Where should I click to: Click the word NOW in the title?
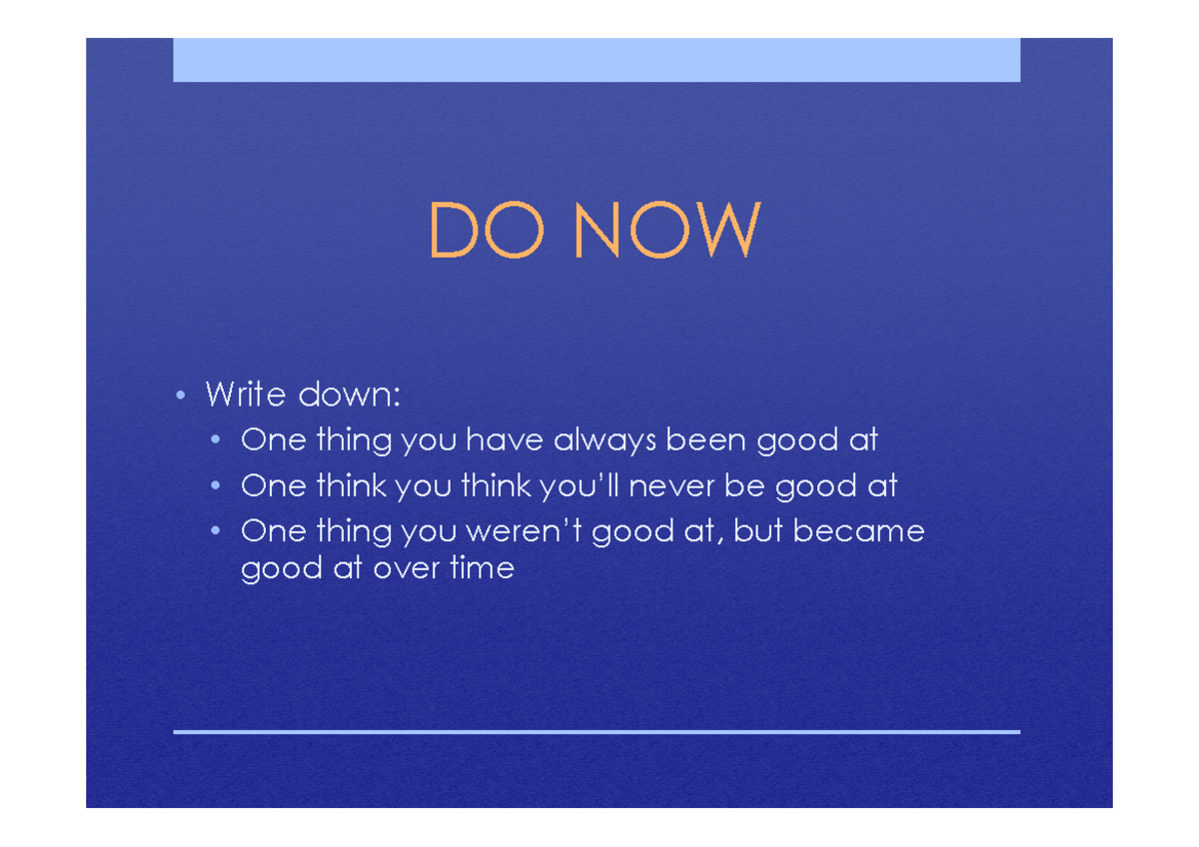[666, 231]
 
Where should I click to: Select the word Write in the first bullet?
[245, 395]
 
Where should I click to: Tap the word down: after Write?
[349, 395]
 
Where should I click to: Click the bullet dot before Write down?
[180, 396]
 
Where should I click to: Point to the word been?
[706, 440]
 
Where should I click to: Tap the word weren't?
[522, 531]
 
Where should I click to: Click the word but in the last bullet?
[756, 531]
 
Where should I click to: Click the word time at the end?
[482, 569]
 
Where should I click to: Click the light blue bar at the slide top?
[597, 60]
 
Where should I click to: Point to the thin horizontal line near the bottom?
[597, 732]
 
